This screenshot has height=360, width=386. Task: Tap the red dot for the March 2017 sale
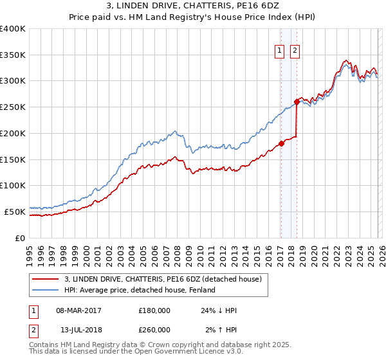[x=281, y=143]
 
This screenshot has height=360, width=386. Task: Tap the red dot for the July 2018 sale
[x=297, y=102]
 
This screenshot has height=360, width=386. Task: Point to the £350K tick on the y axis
[x=13, y=55]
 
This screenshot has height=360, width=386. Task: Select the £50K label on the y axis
[x=15, y=211]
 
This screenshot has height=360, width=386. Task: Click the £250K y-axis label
[x=13, y=107]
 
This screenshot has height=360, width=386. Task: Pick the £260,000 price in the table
[x=154, y=330]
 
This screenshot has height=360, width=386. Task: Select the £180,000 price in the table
[x=154, y=310]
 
